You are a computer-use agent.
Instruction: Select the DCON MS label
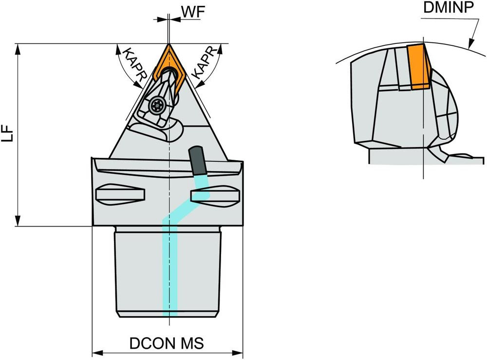click(x=167, y=343)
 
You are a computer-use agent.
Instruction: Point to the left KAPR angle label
click(x=133, y=63)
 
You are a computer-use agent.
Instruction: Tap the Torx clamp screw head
click(x=157, y=104)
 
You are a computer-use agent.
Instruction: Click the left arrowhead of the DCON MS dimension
click(x=96, y=352)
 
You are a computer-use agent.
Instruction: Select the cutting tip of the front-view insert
click(x=168, y=45)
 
